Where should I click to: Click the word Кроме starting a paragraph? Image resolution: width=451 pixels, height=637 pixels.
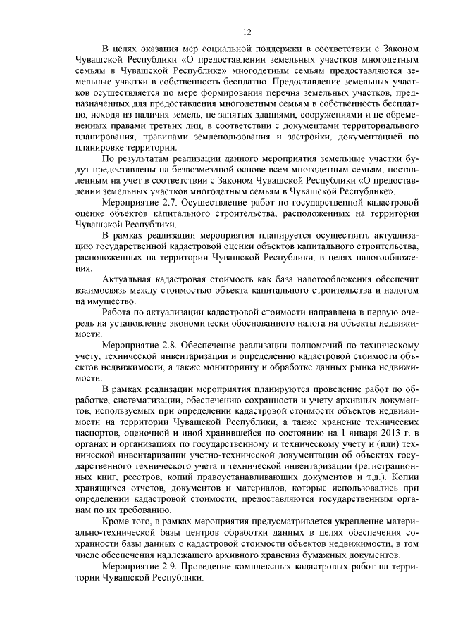click(117, 522)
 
